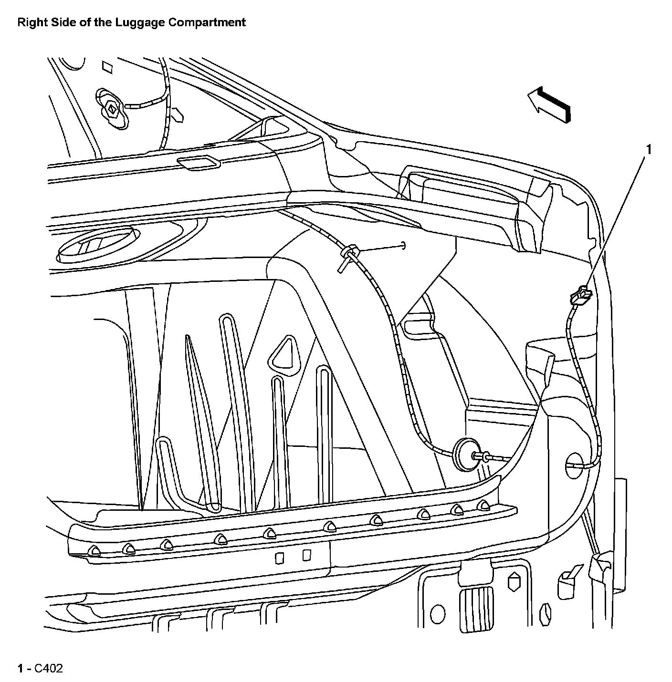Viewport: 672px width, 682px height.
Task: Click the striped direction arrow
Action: pos(549,103)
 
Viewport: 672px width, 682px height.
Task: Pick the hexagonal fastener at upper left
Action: pos(112,110)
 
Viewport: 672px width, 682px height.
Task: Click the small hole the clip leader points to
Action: pos(403,245)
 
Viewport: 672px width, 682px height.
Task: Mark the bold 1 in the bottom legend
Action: pos(20,669)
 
